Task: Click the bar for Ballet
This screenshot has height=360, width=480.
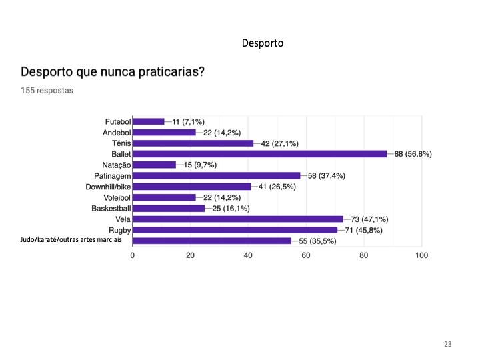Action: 260,154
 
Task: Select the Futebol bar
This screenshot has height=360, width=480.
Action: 149,121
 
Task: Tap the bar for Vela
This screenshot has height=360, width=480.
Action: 238,219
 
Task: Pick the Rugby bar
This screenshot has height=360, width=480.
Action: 235,230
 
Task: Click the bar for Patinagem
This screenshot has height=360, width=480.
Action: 217,176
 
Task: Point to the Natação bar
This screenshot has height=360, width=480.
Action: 155,165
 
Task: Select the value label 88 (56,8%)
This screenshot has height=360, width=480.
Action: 413,154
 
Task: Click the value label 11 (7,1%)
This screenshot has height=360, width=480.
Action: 189,122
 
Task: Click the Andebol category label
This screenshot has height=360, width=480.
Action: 117,133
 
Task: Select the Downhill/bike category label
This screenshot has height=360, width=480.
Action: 108,187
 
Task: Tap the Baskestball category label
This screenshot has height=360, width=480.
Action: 111,209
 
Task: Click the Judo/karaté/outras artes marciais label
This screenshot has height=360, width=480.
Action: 71,240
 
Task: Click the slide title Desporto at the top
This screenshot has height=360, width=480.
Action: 263,43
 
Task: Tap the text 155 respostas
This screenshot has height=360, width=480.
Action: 47,90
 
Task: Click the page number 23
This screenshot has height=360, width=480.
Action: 447,344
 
